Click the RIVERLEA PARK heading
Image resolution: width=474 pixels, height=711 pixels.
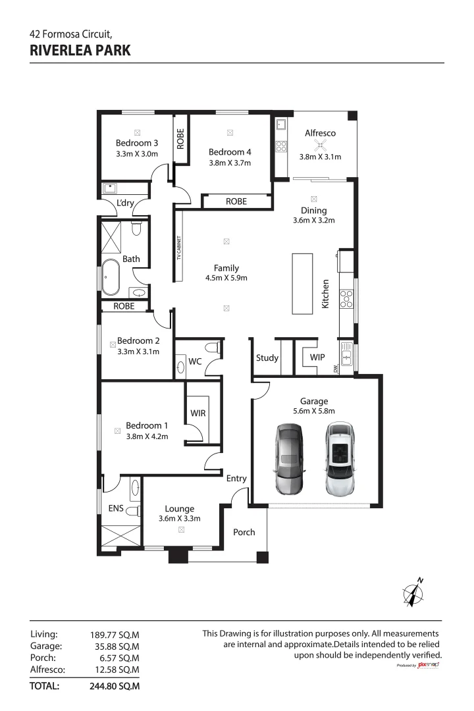80,50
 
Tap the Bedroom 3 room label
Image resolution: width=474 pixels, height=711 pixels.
137,143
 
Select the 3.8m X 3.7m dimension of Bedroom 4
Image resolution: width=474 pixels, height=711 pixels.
230,163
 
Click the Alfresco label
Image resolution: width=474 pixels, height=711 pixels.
320,133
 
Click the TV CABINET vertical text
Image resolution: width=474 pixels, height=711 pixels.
178,248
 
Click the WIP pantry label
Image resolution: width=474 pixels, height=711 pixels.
317,358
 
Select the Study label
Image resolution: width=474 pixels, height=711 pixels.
267,358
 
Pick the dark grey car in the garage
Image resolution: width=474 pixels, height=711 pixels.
288,459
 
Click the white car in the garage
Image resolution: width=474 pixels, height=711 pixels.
340,459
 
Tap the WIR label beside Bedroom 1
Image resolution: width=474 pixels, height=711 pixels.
198,413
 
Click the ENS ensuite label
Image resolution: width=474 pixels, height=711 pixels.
115,508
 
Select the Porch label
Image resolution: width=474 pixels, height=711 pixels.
244,532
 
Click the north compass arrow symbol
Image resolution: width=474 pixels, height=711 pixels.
413,593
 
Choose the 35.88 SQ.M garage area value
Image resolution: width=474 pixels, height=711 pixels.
115,646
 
